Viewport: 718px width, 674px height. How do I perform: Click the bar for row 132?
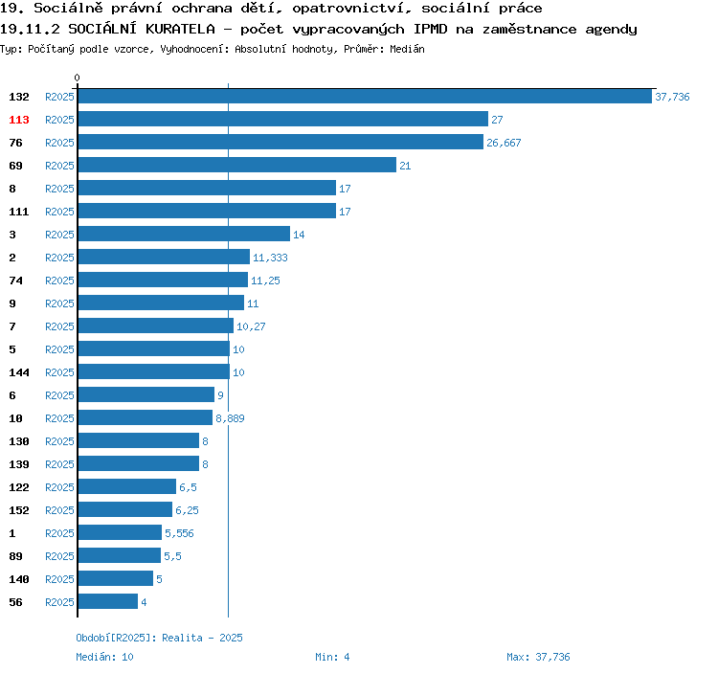click(x=365, y=97)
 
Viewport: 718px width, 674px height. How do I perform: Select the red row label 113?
click(x=19, y=120)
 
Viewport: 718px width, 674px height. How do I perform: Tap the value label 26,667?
click(x=504, y=143)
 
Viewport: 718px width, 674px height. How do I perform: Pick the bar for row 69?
click(x=236, y=166)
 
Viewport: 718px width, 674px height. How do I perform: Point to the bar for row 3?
click(x=184, y=235)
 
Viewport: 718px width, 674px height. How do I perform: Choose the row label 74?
click(x=15, y=281)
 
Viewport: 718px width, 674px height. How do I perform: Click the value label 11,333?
click(x=270, y=258)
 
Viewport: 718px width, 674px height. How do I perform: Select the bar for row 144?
click(x=153, y=372)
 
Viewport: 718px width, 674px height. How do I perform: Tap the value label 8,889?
click(x=232, y=418)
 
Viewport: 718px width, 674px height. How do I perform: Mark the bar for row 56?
click(x=108, y=602)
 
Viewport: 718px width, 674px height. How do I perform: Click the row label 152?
click(x=19, y=510)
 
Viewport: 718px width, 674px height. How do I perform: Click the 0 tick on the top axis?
click(x=78, y=78)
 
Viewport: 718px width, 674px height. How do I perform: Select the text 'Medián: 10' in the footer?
click(x=105, y=657)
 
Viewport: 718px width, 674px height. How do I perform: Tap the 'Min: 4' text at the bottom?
click(x=332, y=657)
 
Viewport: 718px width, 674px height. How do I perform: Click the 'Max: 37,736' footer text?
click(x=538, y=657)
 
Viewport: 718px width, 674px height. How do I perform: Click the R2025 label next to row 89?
click(x=59, y=556)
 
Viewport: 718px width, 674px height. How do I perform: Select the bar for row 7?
click(x=155, y=326)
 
